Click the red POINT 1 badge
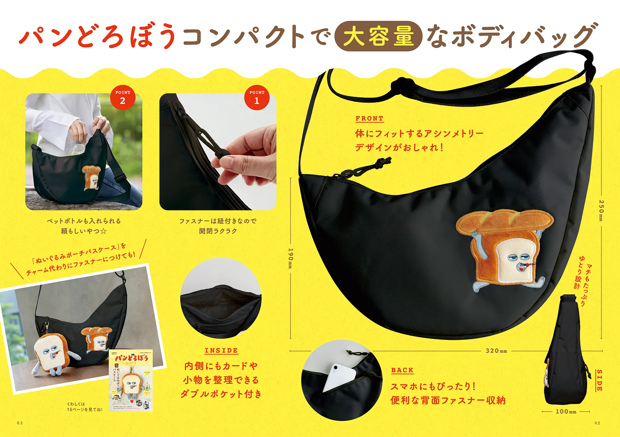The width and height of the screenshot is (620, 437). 257,98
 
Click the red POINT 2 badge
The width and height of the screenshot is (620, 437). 123,98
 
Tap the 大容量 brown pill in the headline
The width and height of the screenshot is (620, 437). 379,36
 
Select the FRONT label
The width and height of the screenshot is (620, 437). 370,118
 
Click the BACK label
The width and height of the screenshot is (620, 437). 402,370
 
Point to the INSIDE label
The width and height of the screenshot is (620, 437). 221,351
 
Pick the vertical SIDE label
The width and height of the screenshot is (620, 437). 600,380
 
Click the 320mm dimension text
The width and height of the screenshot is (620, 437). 496,351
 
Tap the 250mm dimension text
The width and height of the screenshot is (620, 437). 601,210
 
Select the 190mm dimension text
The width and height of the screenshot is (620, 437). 290,258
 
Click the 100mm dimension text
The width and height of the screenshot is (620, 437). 566,412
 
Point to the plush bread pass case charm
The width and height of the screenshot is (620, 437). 51,353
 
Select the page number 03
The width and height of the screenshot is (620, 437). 20,423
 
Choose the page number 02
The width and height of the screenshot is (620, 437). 597,423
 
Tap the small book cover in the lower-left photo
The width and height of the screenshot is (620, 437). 131,381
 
